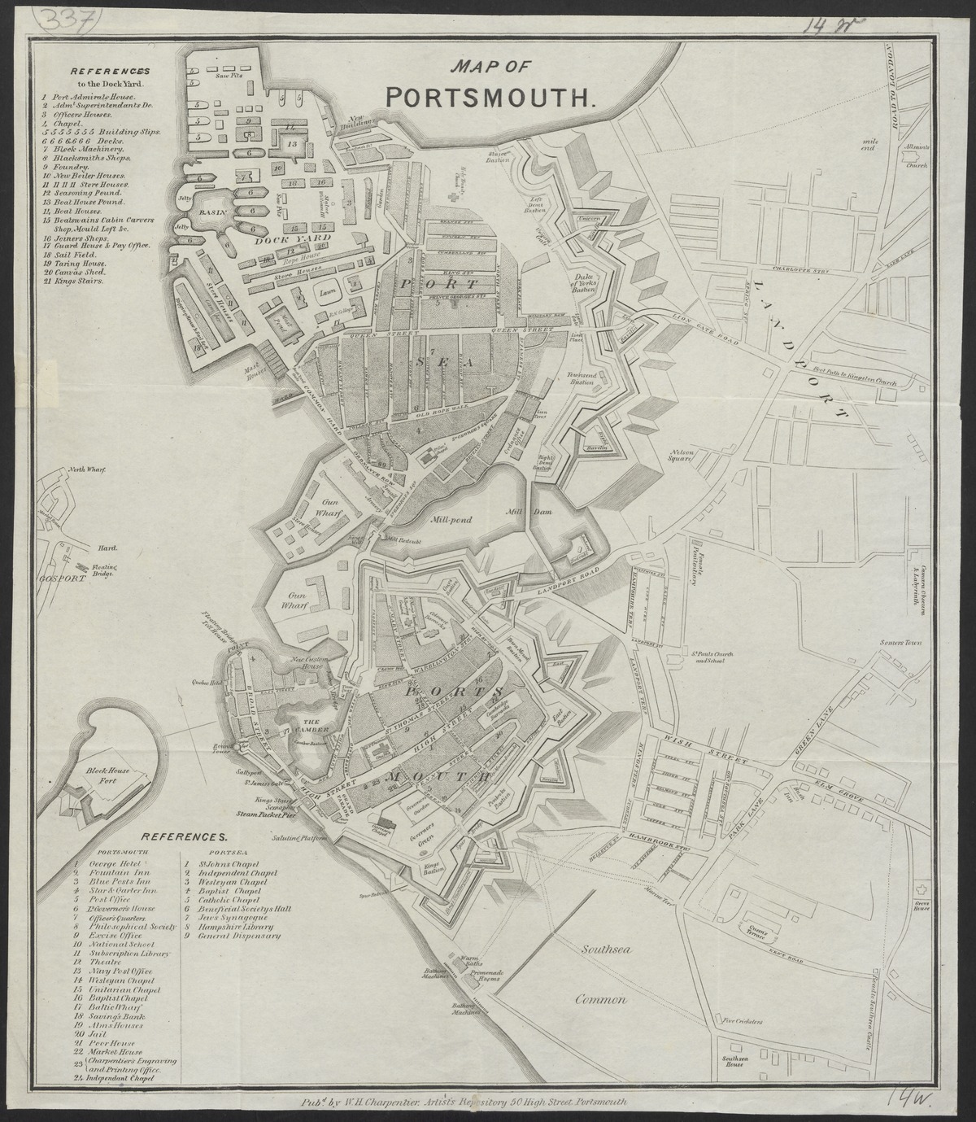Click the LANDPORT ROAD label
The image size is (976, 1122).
point(568,585)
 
